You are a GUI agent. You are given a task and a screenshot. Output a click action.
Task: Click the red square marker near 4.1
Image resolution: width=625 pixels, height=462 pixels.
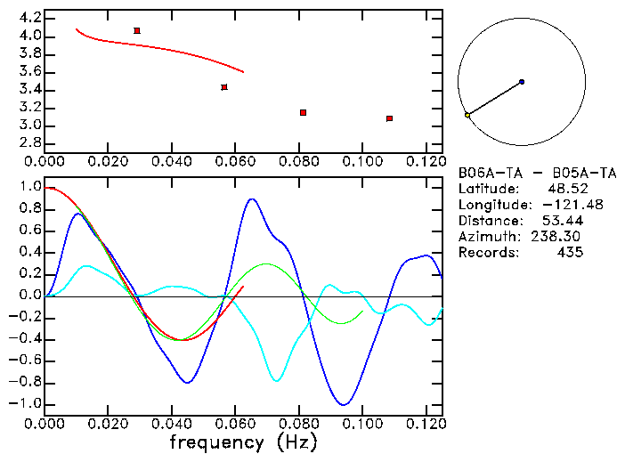(136, 30)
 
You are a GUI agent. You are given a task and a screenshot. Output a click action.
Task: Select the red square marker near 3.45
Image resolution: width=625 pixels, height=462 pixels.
(224, 87)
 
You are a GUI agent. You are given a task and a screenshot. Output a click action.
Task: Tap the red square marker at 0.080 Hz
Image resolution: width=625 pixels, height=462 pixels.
(304, 112)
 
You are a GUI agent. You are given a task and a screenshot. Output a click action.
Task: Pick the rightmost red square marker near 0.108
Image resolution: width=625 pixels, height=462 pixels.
(390, 118)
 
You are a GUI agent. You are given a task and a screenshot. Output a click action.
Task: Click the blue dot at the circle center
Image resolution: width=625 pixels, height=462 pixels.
(522, 82)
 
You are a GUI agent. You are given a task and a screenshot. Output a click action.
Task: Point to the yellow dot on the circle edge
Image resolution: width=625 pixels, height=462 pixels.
(467, 115)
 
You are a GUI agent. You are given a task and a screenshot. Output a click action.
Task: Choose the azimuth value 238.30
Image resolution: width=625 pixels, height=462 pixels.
(560, 237)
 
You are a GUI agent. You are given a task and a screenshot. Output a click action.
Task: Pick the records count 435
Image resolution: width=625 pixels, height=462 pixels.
(569, 253)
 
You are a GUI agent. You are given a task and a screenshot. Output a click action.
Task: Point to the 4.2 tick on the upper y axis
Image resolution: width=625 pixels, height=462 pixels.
(28, 18)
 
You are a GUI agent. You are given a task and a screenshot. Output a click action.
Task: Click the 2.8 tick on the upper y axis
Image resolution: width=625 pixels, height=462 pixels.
(28, 143)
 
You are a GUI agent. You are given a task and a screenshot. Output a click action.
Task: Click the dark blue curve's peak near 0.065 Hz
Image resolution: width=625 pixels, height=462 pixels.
(252, 199)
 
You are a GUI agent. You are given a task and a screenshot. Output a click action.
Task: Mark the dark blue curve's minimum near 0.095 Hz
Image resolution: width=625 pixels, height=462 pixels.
(344, 405)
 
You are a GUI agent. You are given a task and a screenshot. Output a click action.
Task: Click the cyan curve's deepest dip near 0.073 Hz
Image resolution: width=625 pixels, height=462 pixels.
(277, 381)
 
